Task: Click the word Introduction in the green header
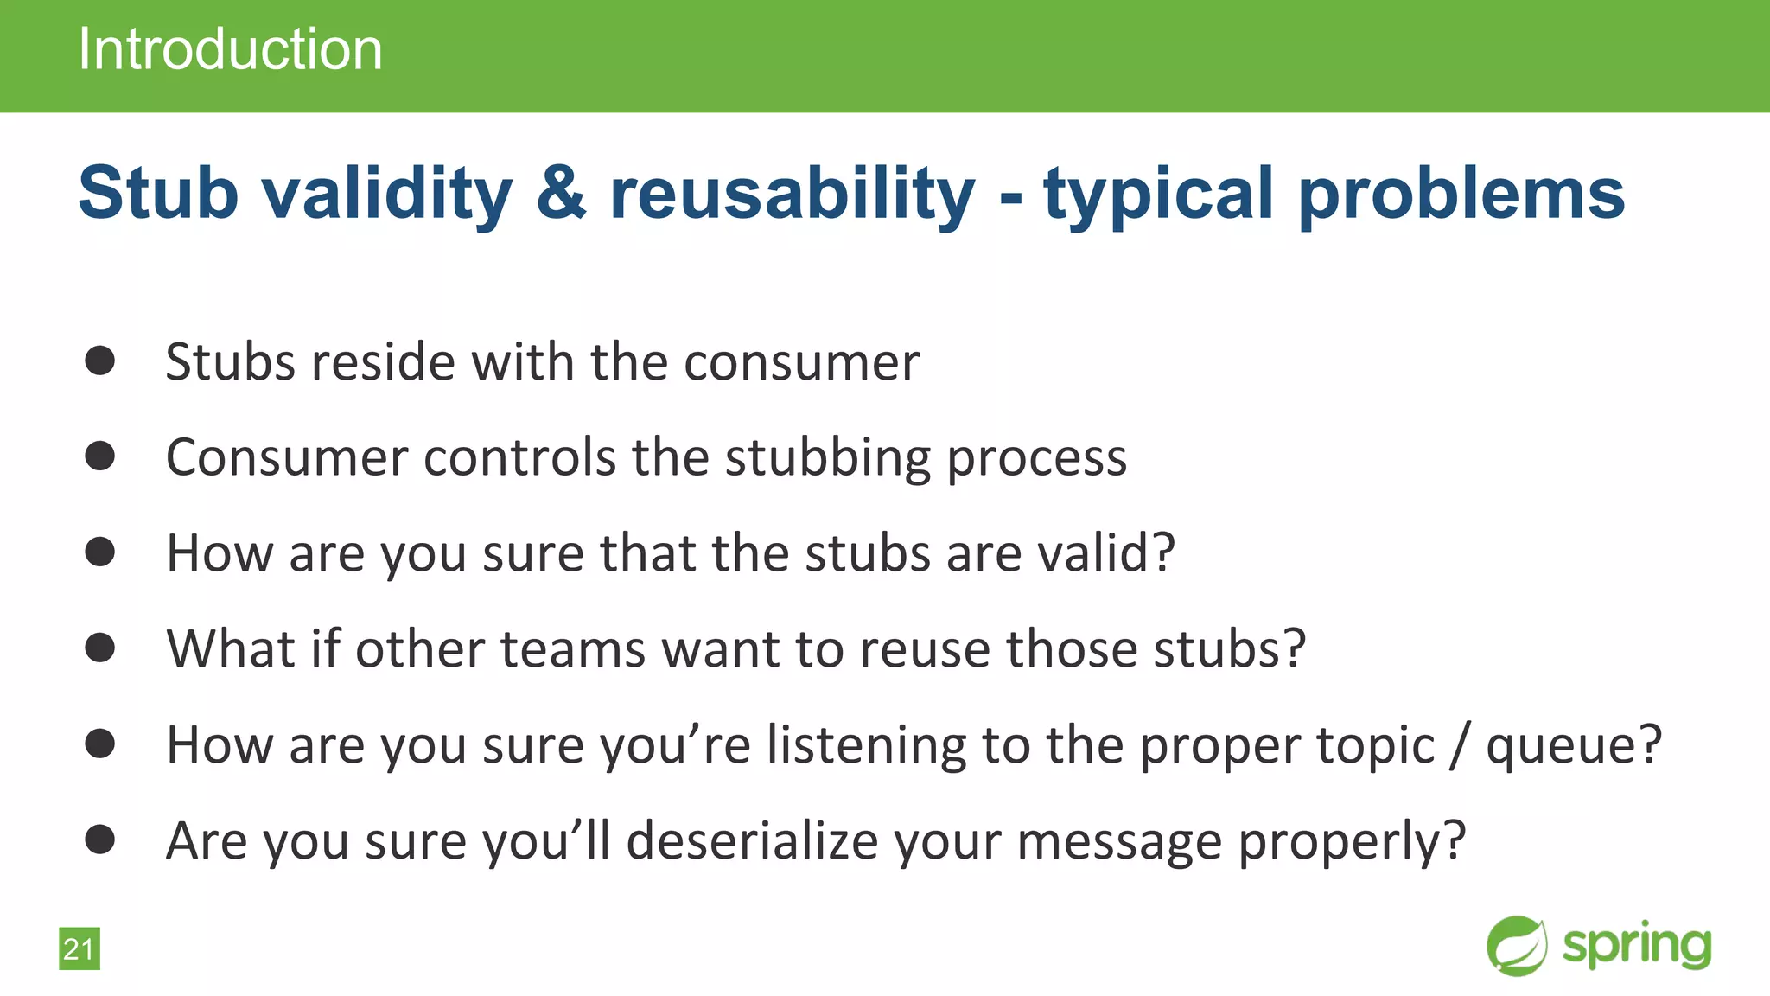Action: pyautogui.click(x=230, y=49)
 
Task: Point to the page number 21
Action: pyautogui.click(x=79, y=949)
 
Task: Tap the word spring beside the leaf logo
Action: pyautogui.click(x=1637, y=946)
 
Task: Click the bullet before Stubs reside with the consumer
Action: pyautogui.click(x=100, y=361)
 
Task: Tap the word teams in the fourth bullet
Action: pyautogui.click(x=573, y=649)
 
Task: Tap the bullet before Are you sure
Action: pyautogui.click(x=100, y=840)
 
